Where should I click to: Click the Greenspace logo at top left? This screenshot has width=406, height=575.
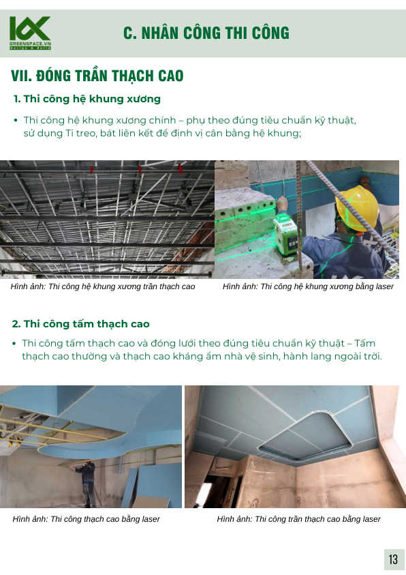tap(30, 33)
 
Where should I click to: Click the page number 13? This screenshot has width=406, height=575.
tap(393, 559)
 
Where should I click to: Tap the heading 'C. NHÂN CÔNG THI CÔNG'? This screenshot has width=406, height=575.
tap(206, 33)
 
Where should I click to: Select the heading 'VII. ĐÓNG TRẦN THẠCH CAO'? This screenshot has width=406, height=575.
tap(97, 76)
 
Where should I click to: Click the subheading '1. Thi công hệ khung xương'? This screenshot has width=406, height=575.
tap(87, 99)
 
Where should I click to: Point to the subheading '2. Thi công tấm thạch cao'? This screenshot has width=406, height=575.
tap(81, 324)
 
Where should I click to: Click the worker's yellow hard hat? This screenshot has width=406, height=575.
tap(357, 207)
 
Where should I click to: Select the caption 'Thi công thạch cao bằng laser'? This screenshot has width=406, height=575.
tap(105, 519)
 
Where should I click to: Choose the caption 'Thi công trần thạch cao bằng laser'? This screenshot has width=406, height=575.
tap(317, 519)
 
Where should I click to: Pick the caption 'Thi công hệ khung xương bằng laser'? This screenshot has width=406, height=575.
tap(327, 286)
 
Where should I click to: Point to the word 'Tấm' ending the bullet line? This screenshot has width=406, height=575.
tap(364, 343)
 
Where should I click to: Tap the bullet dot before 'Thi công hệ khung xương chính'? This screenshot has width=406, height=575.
tap(16, 120)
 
